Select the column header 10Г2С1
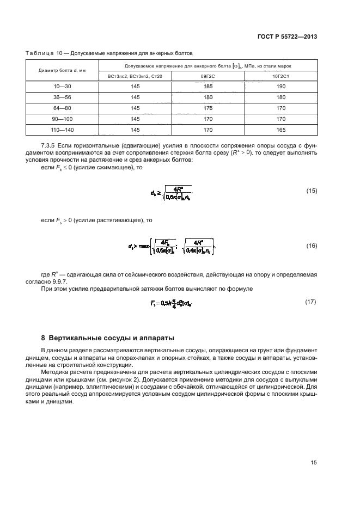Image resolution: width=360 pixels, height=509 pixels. point(280,77)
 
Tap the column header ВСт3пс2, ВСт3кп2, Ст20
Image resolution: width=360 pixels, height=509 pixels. point(135,77)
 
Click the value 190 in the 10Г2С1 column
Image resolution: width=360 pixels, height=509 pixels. point(280,87)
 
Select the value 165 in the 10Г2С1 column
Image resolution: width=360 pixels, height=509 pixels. point(280,130)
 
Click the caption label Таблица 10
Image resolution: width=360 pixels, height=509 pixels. point(40,53)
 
